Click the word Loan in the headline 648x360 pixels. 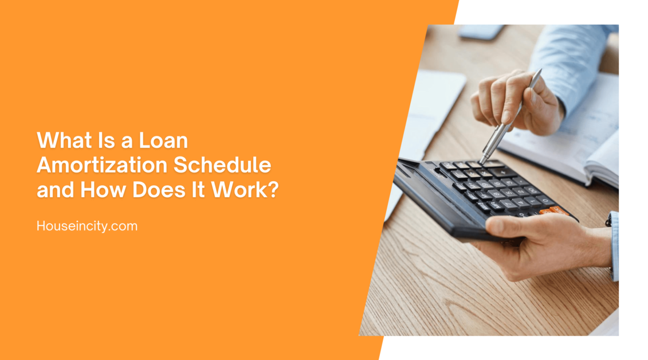pos(167,140)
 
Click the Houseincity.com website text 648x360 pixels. pos(87,226)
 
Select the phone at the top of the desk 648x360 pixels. pos(480,32)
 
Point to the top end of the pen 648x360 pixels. pos(539,72)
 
